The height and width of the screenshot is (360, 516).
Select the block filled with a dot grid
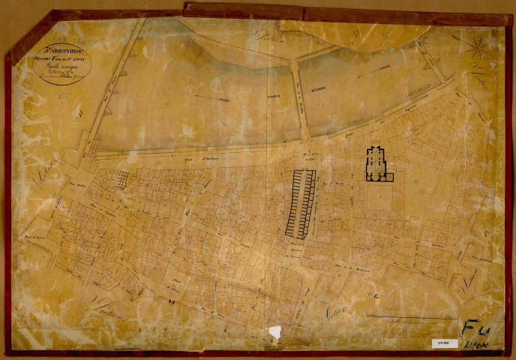click(x=120, y=179)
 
